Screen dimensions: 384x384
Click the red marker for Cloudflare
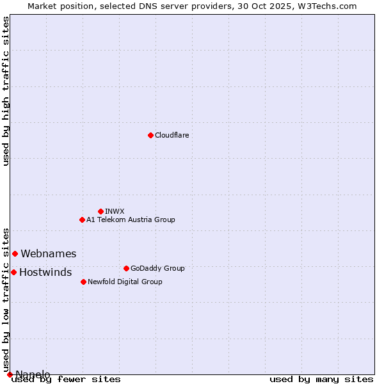[150, 135]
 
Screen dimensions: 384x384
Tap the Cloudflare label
[172, 135]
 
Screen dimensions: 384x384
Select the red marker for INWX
[100, 211]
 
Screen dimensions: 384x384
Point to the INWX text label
[115, 211]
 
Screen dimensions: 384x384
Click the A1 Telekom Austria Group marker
[82, 220]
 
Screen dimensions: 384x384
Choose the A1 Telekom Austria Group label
[131, 220]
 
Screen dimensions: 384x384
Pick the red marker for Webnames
[15, 253]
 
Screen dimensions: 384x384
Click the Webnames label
[48, 254]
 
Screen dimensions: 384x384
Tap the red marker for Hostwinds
[13, 272]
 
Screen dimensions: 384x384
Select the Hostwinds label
[45, 273]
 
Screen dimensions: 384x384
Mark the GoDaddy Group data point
[126, 268]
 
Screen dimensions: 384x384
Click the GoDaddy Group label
[157, 268]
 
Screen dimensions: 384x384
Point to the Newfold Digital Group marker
[83, 282]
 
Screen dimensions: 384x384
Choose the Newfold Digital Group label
[125, 282]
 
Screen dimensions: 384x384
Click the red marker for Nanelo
[10, 374]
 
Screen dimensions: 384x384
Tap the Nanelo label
[33, 374]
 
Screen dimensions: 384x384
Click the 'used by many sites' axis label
[321, 380]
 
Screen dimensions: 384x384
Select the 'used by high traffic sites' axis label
[6, 91]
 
